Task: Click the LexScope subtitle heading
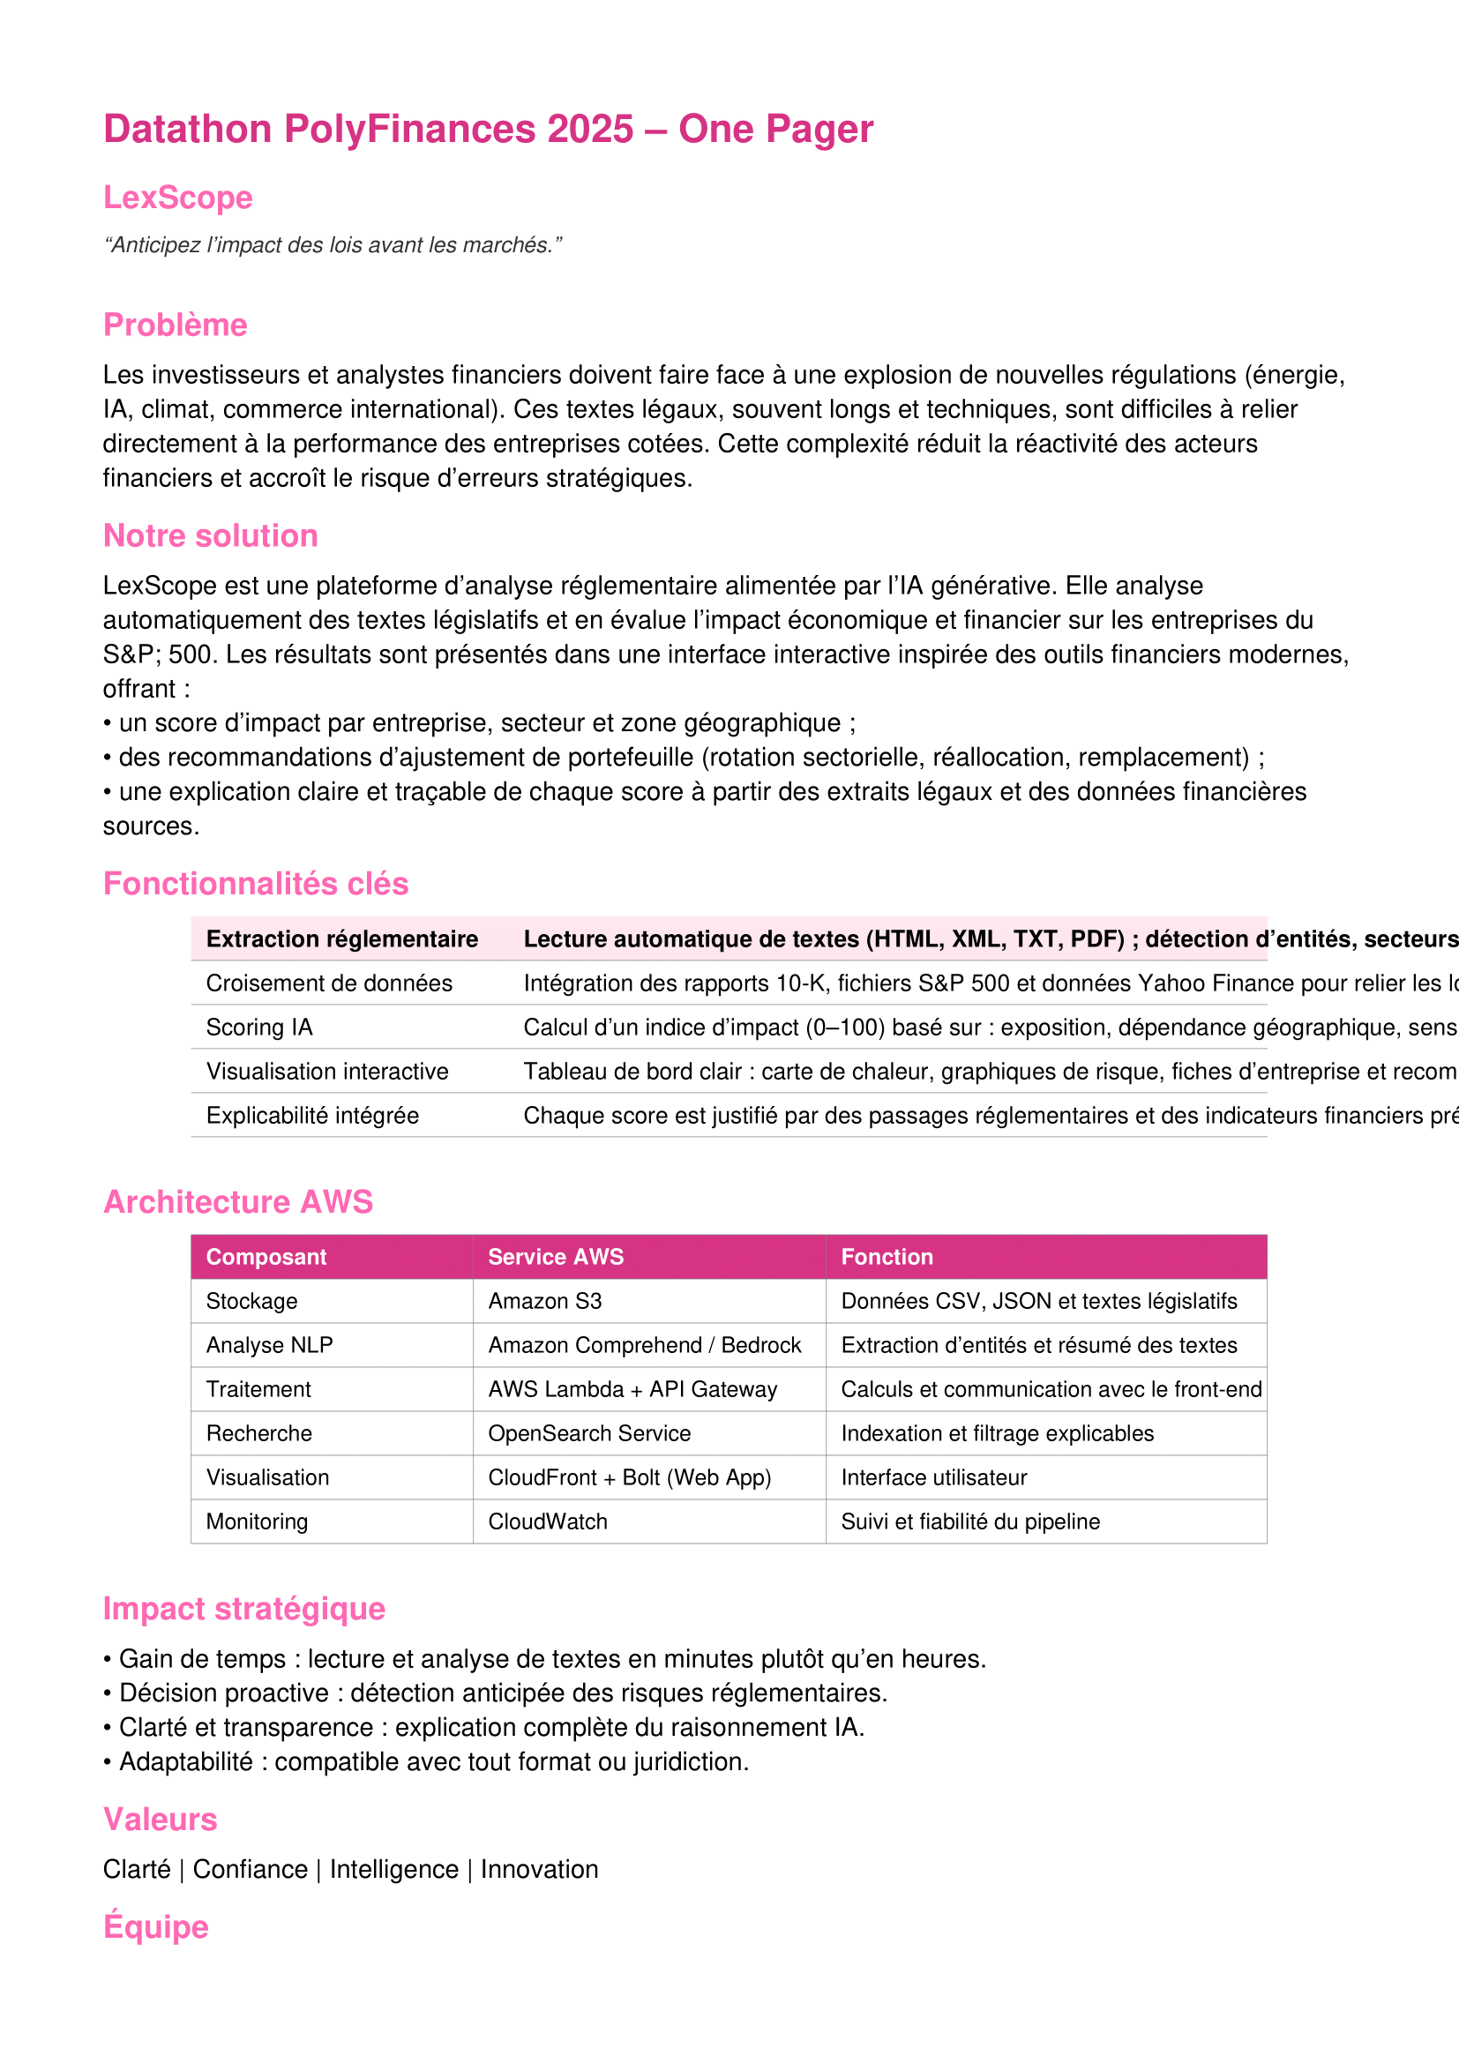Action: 178,198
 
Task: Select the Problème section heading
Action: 176,325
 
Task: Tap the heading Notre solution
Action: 210,535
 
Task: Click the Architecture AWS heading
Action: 238,1202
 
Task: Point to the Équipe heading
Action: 155,1927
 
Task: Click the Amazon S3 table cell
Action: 544,1301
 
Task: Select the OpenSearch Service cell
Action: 589,1433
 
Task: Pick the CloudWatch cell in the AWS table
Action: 548,1521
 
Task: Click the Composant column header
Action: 266,1257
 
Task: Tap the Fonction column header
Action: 887,1257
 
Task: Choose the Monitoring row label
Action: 257,1521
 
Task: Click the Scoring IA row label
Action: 259,1027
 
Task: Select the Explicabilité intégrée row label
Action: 312,1115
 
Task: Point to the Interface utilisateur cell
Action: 933,1477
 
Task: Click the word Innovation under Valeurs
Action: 539,1870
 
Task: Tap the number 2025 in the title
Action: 590,130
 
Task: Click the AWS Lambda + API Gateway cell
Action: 632,1389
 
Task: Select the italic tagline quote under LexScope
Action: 333,245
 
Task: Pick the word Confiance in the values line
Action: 250,1870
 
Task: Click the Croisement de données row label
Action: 329,983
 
